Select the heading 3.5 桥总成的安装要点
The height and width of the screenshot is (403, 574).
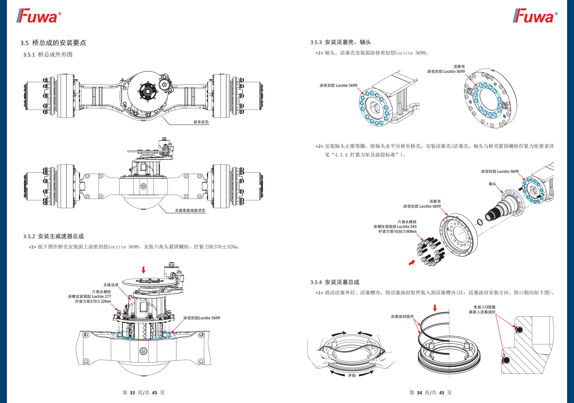(x=53, y=43)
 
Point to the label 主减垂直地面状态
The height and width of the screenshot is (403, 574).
(x=190, y=210)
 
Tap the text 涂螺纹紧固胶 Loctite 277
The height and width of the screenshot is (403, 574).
(x=89, y=296)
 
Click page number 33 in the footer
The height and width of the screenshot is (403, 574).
(x=132, y=393)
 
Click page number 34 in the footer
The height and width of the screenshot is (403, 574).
(x=419, y=393)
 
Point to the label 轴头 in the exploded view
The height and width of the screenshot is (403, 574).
(x=492, y=184)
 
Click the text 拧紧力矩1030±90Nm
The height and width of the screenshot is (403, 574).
(x=397, y=232)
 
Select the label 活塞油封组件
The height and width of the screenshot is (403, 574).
(x=402, y=317)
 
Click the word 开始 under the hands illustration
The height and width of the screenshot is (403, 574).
(x=352, y=375)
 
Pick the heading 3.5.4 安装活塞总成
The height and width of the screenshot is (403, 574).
(x=335, y=282)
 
